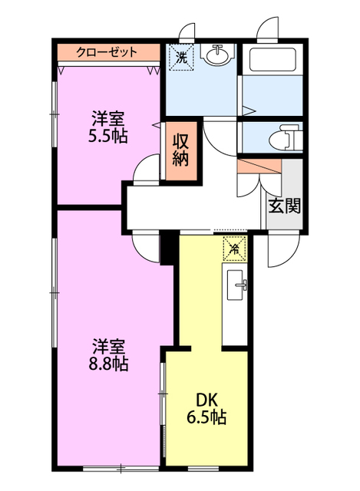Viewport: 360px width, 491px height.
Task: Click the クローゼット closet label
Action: click(107, 52)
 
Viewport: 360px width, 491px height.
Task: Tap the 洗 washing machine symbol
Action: click(181, 56)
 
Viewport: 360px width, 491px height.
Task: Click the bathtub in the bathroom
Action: click(272, 60)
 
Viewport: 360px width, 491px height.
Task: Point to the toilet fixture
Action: click(284, 138)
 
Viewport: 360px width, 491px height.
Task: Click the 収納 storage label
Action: click(181, 150)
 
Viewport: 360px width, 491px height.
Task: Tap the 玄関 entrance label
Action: click(285, 206)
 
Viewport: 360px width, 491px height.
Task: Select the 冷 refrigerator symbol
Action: click(234, 249)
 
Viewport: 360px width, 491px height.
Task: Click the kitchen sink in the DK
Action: click(236, 285)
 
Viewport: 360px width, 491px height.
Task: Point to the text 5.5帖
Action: click(107, 137)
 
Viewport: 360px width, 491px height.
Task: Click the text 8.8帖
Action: click(108, 364)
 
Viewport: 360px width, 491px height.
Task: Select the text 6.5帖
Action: click(206, 417)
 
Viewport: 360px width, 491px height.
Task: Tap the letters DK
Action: click(206, 400)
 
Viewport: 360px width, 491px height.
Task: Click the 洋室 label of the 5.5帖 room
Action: click(107, 118)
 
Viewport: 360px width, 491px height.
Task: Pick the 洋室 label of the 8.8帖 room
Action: click(108, 346)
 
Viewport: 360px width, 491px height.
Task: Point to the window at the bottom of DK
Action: click(203, 468)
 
